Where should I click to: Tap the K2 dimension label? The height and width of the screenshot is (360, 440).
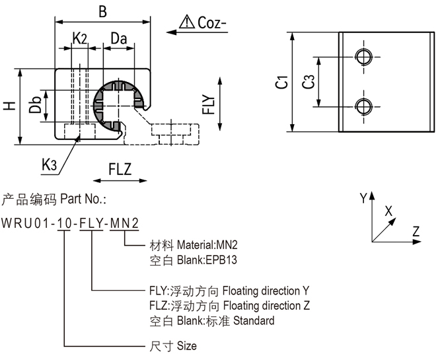tap(79, 38)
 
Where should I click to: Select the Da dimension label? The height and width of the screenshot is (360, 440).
tap(119, 38)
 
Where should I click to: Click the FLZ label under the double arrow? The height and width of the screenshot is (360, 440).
tap(120, 170)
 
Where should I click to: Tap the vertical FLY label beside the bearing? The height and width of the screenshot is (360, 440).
tap(209, 106)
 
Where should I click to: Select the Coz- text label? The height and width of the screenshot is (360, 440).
tap(212, 24)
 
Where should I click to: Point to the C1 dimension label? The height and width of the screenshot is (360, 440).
tap(281, 82)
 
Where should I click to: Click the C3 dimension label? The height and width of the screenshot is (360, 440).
tap(307, 82)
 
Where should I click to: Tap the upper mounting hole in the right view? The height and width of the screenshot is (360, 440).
tap(363, 55)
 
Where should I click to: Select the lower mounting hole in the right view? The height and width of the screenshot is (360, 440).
tap(363, 106)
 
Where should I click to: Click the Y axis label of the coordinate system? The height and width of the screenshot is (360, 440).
tap(362, 198)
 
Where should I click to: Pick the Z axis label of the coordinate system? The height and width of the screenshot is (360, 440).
tap(416, 231)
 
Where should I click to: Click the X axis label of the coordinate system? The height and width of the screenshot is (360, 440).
tap(388, 210)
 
